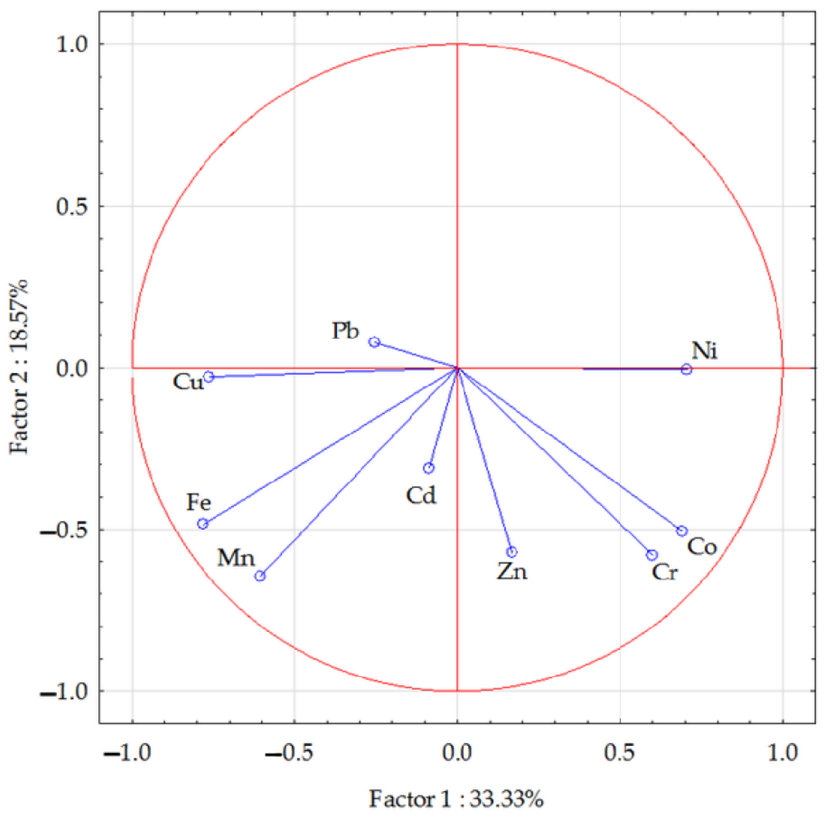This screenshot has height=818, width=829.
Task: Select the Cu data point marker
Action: tap(208, 377)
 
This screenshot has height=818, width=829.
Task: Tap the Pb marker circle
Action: tap(374, 342)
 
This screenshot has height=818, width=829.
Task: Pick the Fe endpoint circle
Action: tap(203, 524)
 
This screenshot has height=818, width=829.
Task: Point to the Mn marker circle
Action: tap(260, 576)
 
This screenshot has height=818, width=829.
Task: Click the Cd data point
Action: tap(429, 468)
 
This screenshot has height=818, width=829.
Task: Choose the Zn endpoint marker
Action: tap(511, 552)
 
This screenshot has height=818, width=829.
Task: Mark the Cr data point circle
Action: tap(652, 555)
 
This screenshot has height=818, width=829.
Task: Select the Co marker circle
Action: tap(682, 531)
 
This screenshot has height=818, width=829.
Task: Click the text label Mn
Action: tap(236, 558)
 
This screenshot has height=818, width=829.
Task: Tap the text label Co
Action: tap(702, 547)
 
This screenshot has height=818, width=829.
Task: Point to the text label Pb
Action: tap(345, 331)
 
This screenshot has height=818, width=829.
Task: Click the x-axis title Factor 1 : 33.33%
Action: tap(456, 799)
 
